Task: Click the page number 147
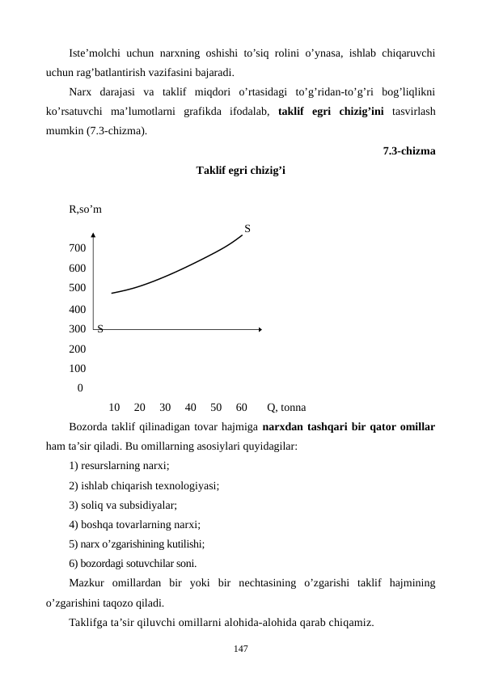pyautogui.click(x=240, y=649)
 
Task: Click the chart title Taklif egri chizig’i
pyautogui.click(x=239, y=171)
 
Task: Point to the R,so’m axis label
pyautogui.click(x=86, y=210)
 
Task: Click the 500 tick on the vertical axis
pyautogui.click(x=78, y=287)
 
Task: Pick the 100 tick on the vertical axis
pyautogui.click(x=78, y=367)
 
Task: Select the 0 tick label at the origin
pyautogui.click(x=79, y=387)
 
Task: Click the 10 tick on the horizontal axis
pyautogui.click(x=114, y=406)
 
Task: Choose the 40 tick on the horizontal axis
pyautogui.click(x=191, y=406)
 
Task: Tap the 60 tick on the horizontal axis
pyautogui.click(x=241, y=406)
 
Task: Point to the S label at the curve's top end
pyautogui.click(x=247, y=229)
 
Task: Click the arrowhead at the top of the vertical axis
pyautogui.click(x=94, y=236)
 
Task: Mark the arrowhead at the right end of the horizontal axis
pyautogui.click(x=260, y=328)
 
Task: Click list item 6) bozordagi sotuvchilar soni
pyautogui.click(x=133, y=563)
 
